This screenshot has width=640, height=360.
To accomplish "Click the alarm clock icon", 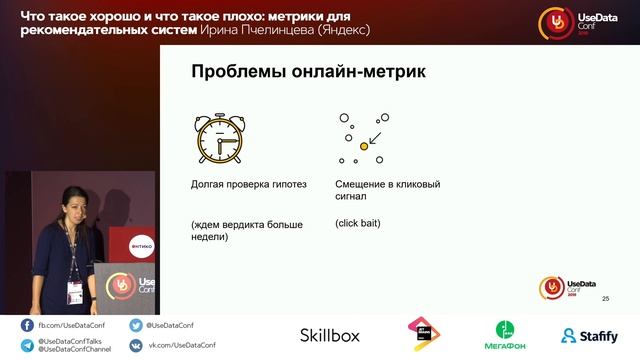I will (218, 139).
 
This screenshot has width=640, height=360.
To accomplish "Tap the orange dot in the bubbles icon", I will (364, 146).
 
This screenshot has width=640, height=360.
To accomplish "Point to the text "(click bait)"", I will (358, 223).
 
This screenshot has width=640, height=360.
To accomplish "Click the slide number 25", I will (605, 299).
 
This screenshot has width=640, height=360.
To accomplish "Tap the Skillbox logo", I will (329, 335).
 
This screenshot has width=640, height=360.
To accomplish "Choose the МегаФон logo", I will (509, 335).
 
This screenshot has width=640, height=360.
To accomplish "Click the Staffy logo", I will (589, 335).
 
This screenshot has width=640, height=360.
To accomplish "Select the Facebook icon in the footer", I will (27, 326).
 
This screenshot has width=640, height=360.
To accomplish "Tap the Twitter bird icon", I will (136, 326).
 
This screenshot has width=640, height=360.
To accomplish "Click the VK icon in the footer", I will (136, 345).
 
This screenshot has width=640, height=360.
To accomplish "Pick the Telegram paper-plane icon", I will (27, 345).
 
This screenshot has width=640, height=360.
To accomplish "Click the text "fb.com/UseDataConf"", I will (69, 326).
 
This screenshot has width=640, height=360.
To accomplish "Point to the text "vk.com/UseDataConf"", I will (183, 345).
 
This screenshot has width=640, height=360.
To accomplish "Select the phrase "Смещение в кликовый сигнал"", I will (387, 190).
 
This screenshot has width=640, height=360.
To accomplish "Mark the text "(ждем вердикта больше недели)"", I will (246, 230).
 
